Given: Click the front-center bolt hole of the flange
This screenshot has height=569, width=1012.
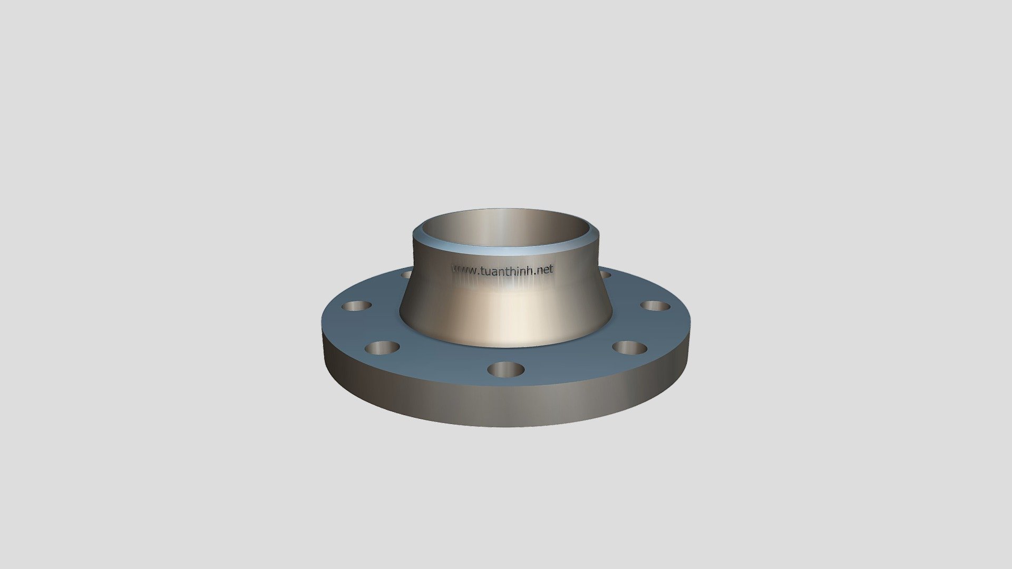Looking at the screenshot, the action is [506, 369].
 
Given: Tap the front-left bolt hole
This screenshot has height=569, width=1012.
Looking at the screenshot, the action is [382, 348].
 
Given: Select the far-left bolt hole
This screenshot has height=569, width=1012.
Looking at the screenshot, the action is [357, 306].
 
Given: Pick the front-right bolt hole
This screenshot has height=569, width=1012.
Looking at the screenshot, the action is [629, 348].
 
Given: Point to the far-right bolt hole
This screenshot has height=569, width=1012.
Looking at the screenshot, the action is [655, 306].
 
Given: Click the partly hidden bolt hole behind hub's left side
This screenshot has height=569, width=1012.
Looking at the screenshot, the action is [406, 274].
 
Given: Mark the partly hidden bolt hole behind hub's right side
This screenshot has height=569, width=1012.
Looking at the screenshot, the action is [605, 274].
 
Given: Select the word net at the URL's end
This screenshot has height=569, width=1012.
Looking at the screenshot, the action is [545, 269].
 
